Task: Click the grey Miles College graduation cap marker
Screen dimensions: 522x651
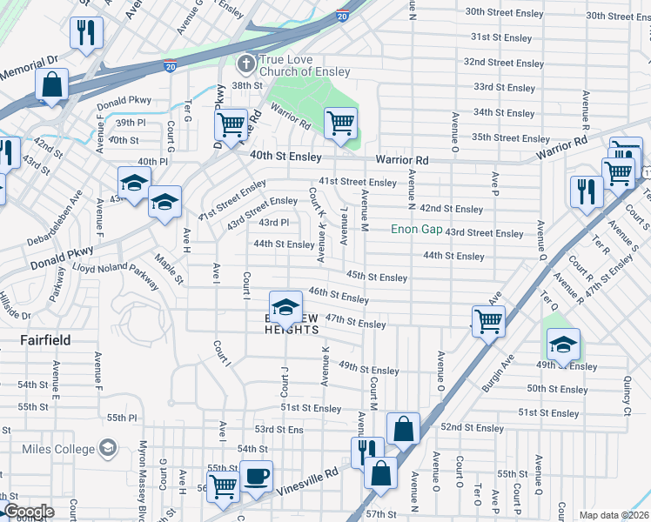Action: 107,448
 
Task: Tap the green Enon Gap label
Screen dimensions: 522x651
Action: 416,229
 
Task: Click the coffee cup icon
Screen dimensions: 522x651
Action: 256,477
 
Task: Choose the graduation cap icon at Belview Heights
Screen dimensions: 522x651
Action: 285,307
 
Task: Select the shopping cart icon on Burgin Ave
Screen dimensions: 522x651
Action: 488,321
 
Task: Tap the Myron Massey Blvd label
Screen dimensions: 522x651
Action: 142,470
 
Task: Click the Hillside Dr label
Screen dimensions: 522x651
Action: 15,304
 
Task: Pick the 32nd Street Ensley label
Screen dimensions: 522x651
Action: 504,63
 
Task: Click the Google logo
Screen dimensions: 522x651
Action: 28,511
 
